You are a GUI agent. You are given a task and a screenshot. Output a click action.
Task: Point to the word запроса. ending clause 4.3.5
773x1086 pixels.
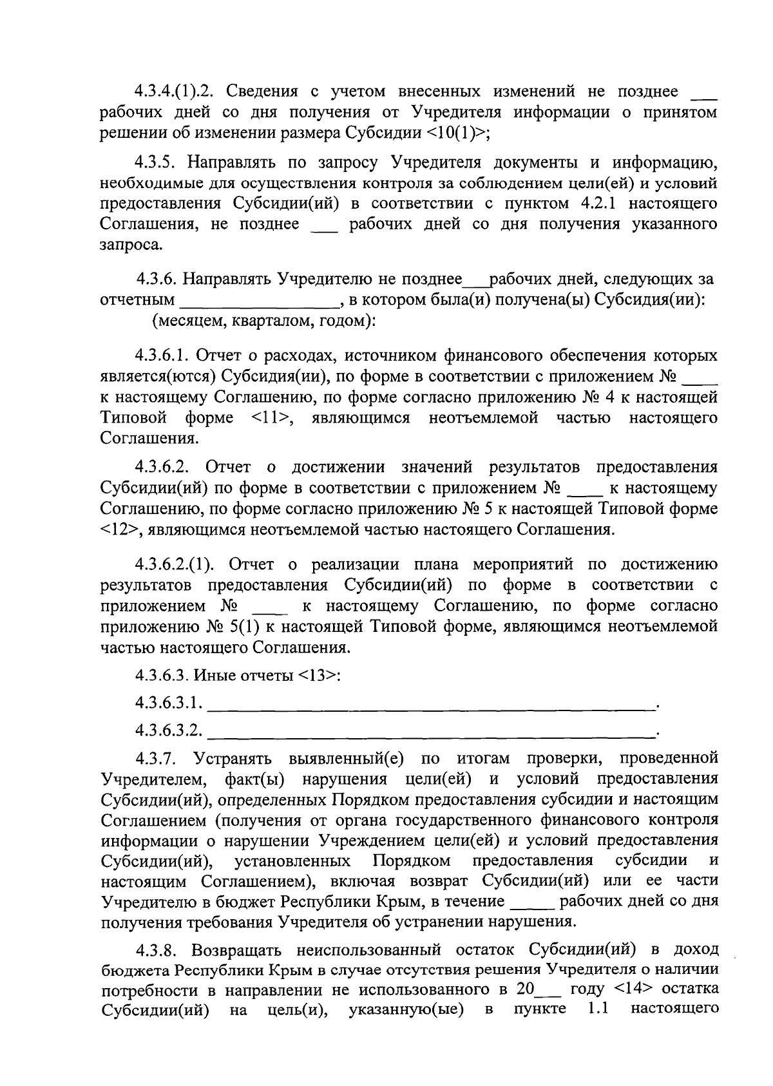click(131, 245)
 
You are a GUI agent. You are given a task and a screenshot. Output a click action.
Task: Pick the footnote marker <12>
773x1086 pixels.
click(120, 530)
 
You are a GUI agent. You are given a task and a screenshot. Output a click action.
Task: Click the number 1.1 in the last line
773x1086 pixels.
click(598, 1009)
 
